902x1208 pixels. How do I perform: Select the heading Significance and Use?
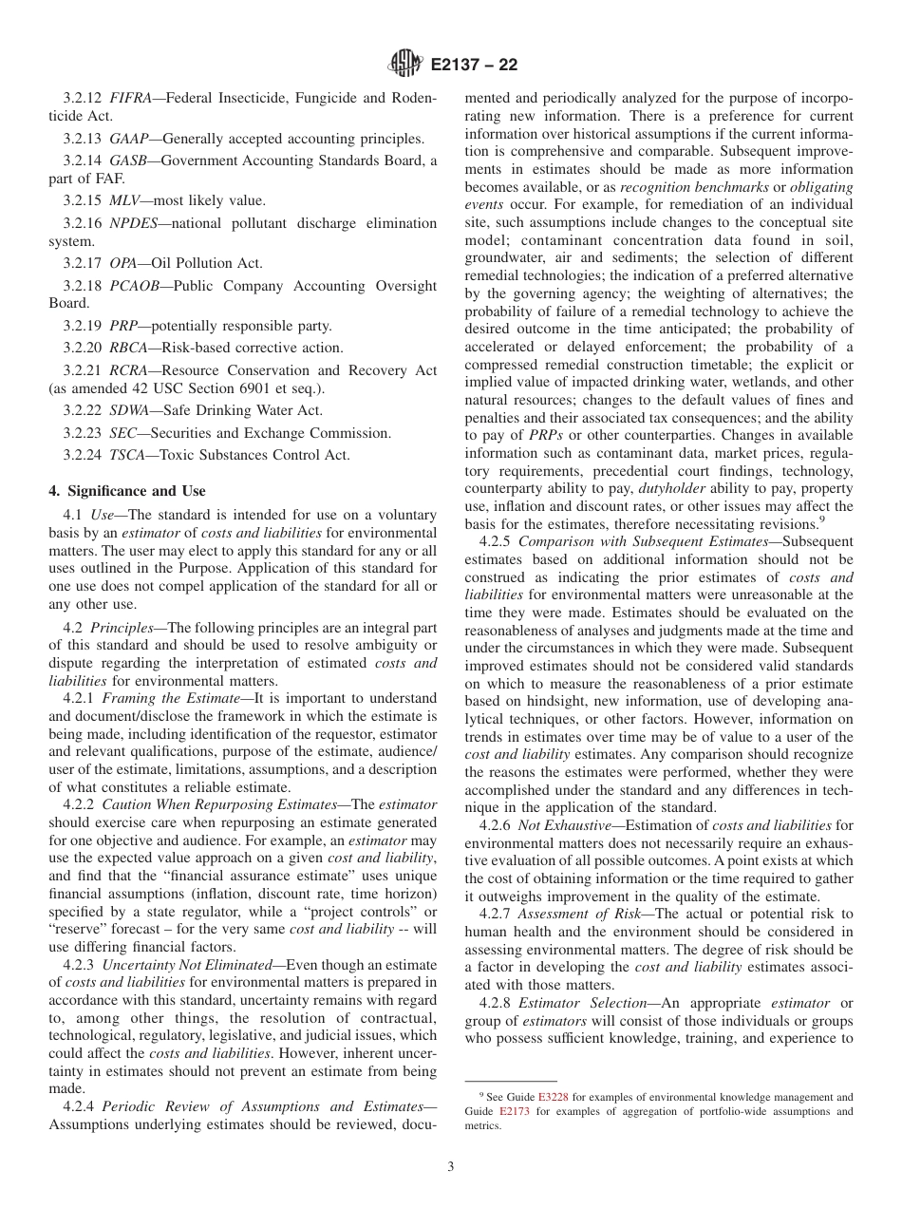pos(126,491)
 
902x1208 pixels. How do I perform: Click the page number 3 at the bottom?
pos(450,1167)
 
